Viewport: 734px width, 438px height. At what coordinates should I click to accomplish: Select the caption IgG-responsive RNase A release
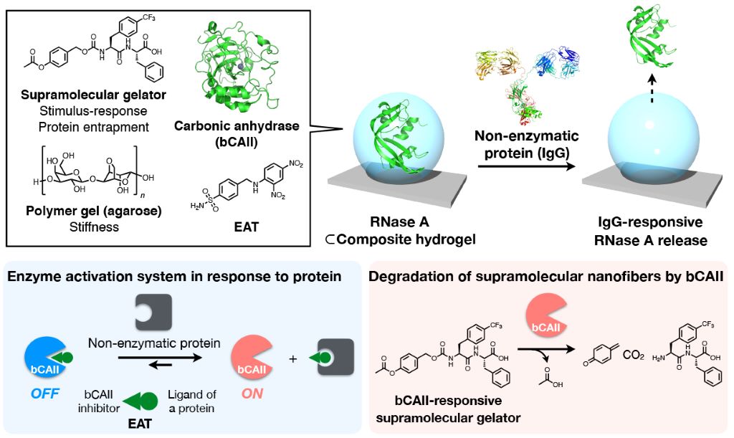[650, 234]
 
